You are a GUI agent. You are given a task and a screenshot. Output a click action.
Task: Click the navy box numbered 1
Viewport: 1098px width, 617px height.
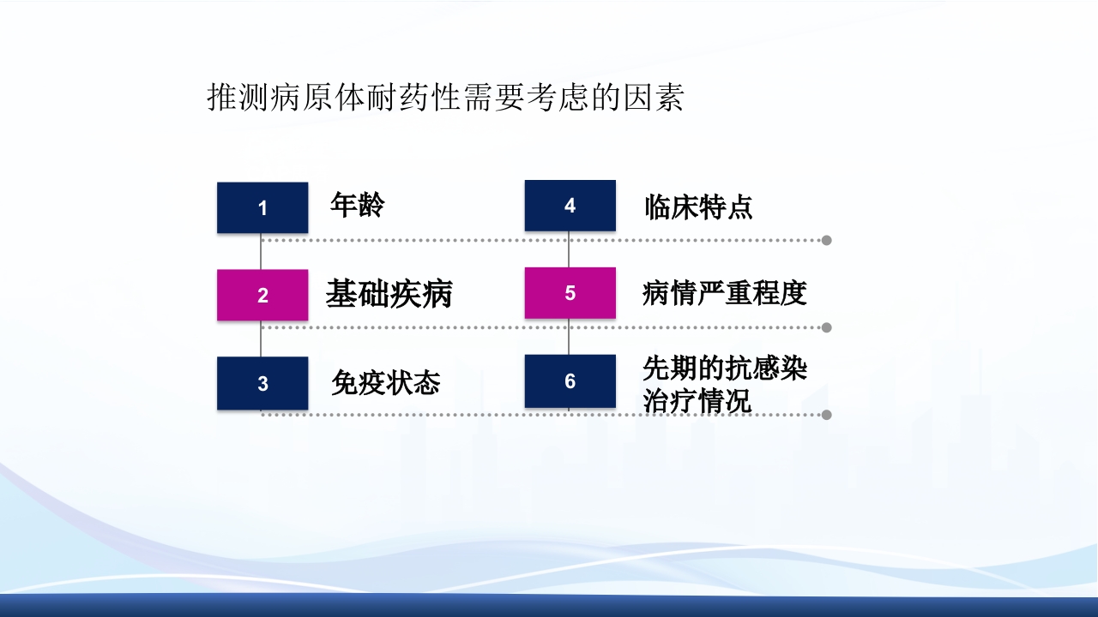[262, 207]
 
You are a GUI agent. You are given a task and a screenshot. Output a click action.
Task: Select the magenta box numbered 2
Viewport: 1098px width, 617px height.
[262, 295]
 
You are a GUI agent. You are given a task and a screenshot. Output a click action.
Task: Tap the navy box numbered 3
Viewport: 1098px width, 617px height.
[262, 383]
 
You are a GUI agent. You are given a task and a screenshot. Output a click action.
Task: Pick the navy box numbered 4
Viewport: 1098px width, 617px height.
[570, 206]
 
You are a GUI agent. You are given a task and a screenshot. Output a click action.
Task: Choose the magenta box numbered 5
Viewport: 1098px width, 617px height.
[570, 293]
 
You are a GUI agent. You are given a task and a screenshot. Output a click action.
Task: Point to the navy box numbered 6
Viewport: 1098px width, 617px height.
[570, 381]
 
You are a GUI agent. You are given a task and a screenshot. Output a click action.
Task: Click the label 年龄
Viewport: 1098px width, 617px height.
[358, 206]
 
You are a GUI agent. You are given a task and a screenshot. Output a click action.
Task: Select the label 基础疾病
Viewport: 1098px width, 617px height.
[389, 294]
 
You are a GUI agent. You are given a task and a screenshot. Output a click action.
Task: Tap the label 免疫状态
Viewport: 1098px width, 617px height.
[385, 383]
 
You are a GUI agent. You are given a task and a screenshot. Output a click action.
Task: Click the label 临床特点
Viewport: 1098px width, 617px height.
[698, 207]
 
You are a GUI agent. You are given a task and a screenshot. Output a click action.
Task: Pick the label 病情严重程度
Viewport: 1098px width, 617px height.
[725, 294]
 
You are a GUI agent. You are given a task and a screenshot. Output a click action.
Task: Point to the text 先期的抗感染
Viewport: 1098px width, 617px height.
[725, 368]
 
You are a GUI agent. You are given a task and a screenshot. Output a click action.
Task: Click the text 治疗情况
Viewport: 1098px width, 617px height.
[697, 401]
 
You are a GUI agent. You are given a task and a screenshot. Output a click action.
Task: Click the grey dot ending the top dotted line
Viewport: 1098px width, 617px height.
[826, 240]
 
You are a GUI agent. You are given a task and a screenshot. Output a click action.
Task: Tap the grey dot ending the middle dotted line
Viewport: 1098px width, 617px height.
[826, 327]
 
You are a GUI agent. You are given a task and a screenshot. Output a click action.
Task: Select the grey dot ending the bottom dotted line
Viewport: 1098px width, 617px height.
[826, 415]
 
